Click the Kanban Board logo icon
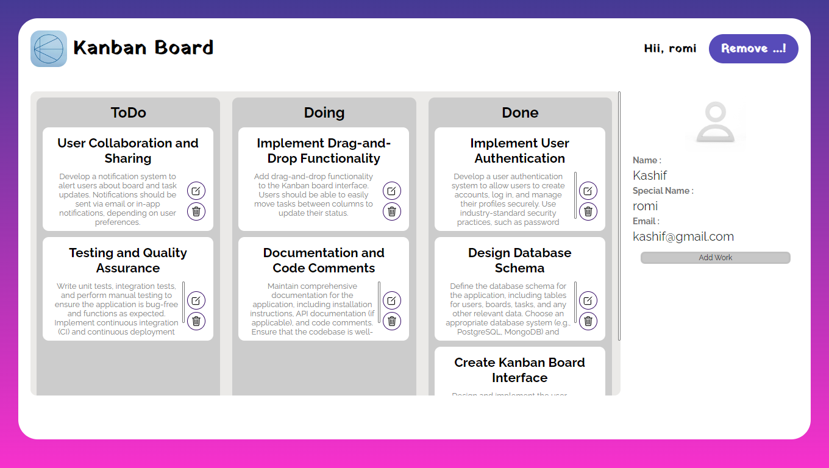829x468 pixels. click(49, 49)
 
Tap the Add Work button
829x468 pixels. click(715, 258)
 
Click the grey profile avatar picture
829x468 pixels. click(715, 122)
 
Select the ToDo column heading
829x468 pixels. click(128, 113)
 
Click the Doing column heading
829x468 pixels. click(324, 113)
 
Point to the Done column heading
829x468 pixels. click(520, 113)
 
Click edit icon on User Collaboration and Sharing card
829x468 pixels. click(196, 191)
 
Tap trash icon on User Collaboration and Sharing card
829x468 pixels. click(196, 211)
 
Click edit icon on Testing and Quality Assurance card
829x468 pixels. click(196, 300)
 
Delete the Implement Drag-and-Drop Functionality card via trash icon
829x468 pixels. click(392, 211)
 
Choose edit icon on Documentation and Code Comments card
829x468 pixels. click(392, 300)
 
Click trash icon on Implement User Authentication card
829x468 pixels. click(588, 211)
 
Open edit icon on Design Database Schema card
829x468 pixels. click(588, 300)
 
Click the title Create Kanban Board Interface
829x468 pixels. click(519, 370)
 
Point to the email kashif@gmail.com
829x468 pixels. click(683, 236)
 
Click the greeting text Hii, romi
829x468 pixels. click(670, 49)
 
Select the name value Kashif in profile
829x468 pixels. click(650, 175)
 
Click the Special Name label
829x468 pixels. click(663, 191)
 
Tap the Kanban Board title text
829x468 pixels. click(143, 48)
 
